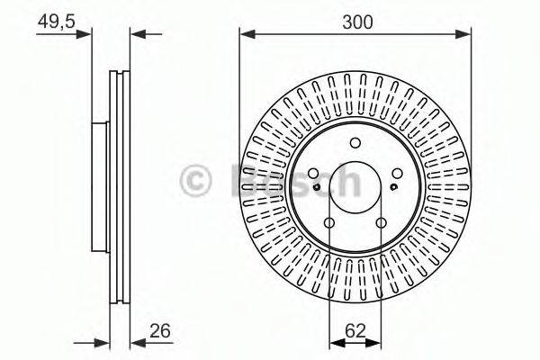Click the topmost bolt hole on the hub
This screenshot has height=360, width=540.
point(355,141)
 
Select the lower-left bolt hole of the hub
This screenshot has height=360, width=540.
point(329,223)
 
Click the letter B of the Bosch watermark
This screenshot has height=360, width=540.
point(244,181)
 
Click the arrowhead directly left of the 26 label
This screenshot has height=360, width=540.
point(136,342)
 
